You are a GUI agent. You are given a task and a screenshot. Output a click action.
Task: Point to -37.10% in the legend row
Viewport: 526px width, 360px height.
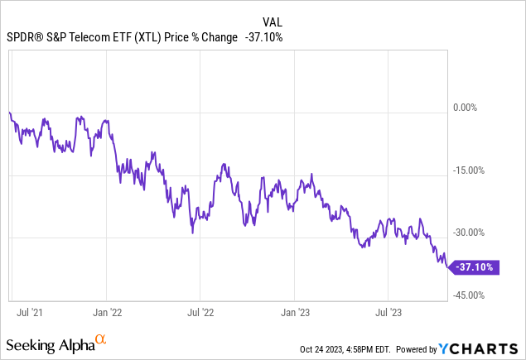pyautogui.click(x=263, y=37)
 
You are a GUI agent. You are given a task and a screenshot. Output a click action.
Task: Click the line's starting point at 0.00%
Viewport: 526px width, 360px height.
pyautogui.click(x=9, y=113)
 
